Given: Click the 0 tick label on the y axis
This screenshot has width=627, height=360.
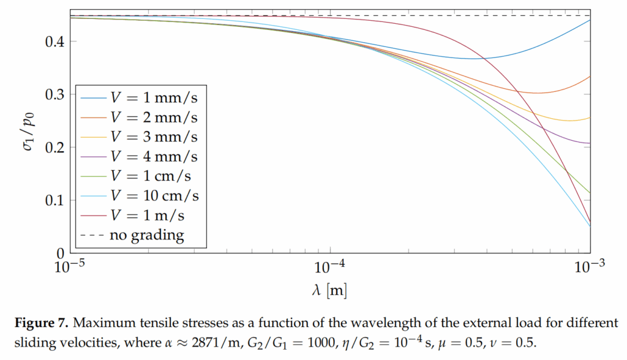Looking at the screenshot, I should pos(60,252).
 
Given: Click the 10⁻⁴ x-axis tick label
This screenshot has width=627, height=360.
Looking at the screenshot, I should pos(331,268).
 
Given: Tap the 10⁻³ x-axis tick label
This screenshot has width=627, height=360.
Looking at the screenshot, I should pos(590,268).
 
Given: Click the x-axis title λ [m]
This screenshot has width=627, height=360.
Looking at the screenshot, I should pos(331,290).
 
